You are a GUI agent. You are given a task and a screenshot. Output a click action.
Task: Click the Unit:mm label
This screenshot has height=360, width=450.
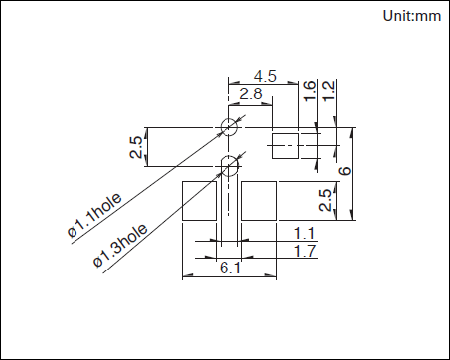pyautogui.click(x=412, y=16)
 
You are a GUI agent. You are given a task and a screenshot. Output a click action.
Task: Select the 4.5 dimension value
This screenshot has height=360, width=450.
pyautogui.click(x=265, y=76)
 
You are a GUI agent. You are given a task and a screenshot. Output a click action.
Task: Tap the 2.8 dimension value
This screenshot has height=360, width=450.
pyautogui.click(x=251, y=93)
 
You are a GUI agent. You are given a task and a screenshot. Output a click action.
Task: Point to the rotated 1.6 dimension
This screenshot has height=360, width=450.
pyautogui.click(x=310, y=91)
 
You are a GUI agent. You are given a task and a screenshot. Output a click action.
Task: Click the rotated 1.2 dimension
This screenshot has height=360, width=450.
pyautogui.click(x=329, y=91)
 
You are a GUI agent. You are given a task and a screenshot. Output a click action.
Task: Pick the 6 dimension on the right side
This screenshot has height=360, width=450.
pyautogui.click(x=345, y=171)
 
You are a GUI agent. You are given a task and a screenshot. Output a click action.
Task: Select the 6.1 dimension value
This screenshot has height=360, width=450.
pyautogui.click(x=230, y=268)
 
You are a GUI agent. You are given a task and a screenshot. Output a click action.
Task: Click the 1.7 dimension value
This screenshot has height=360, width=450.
pyautogui.click(x=305, y=251)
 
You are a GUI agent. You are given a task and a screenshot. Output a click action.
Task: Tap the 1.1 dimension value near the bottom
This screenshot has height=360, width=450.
pyautogui.click(x=304, y=234)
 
